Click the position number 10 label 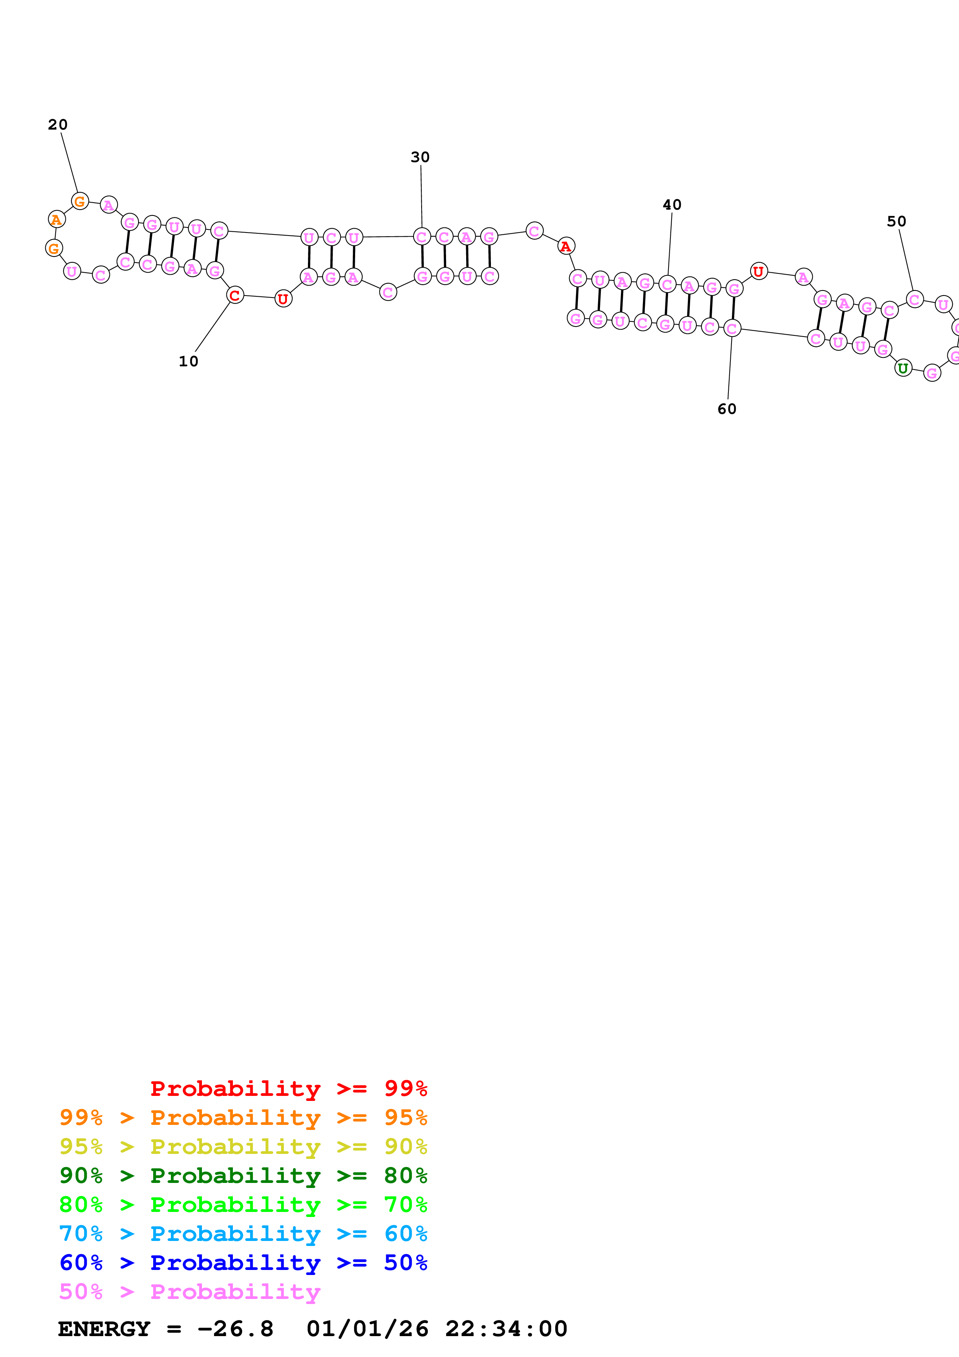(x=188, y=361)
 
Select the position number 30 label (x=420, y=157)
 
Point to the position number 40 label (x=672, y=205)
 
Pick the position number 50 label (x=896, y=221)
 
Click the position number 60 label (x=727, y=409)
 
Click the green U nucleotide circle (x=903, y=368)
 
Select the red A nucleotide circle (x=566, y=246)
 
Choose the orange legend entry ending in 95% (x=243, y=1118)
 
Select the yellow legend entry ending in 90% (x=243, y=1147)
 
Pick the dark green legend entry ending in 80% (x=243, y=1176)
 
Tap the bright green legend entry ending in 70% (x=243, y=1205)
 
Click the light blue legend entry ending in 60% (x=243, y=1234)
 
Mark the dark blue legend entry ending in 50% (x=243, y=1263)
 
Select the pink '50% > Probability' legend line (x=190, y=1291)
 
